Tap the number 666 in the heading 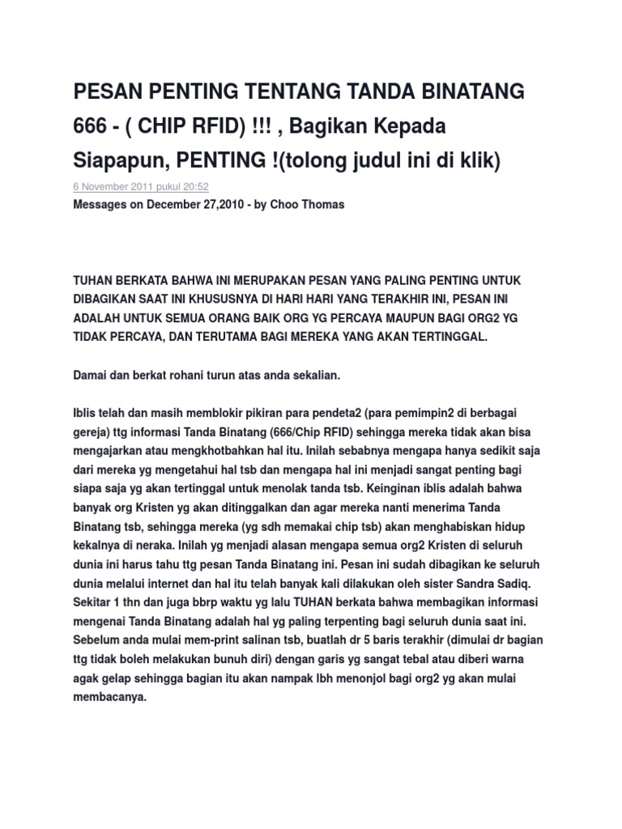91,127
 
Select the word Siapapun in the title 115,162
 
